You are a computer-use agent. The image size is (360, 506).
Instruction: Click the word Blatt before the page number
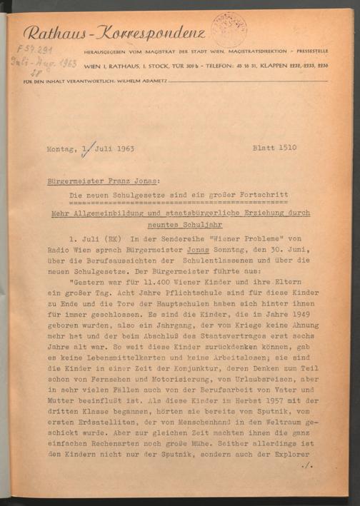click(265, 149)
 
